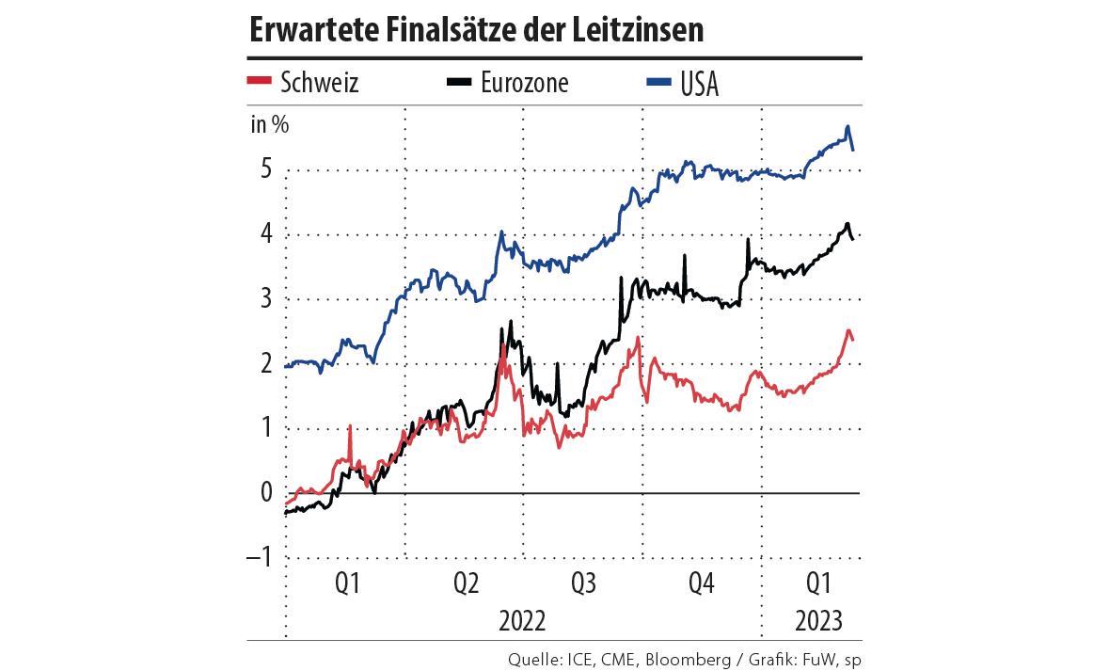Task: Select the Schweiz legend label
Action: point(320,83)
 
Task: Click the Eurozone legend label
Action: point(525,83)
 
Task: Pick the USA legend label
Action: point(699,84)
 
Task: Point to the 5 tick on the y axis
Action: point(266,170)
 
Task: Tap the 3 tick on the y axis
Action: point(266,300)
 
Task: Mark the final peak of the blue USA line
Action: point(848,126)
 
